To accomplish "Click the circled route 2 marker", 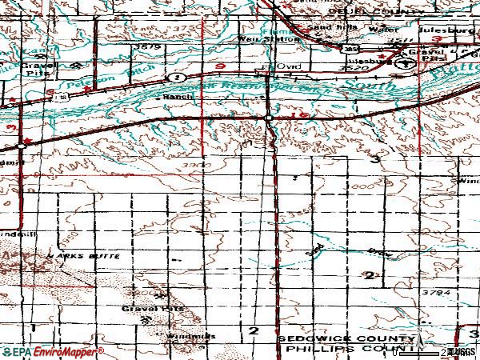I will pyautogui.click(x=176, y=77).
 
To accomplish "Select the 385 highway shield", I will pyautogui.click(x=349, y=50).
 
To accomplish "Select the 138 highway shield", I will pyautogui.click(x=58, y=95).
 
